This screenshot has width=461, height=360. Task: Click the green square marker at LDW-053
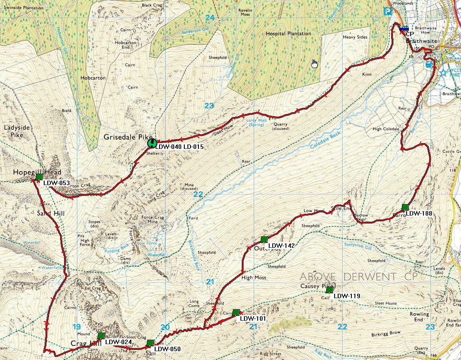[39, 177]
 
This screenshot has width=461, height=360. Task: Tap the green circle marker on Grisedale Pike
[152, 143]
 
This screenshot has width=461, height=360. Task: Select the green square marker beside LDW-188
[405, 207]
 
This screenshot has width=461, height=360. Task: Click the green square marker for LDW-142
[264, 239]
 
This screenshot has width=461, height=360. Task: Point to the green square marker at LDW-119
[329, 290]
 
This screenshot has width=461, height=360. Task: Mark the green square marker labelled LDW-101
[236, 312]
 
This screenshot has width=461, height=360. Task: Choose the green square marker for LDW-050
[150, 343]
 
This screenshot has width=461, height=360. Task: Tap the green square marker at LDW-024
[101, 336]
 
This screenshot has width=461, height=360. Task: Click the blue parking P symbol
[389, 12]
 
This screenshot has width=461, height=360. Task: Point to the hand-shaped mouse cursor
[314, 64]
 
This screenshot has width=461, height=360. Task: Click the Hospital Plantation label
[288, 34]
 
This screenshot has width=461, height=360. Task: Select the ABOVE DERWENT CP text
[348, 277]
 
